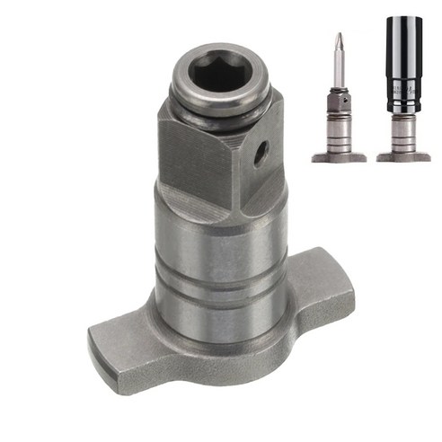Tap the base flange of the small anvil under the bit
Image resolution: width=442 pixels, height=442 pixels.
pos(338,157)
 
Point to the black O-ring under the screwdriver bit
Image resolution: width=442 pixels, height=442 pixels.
pos(338,90)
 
